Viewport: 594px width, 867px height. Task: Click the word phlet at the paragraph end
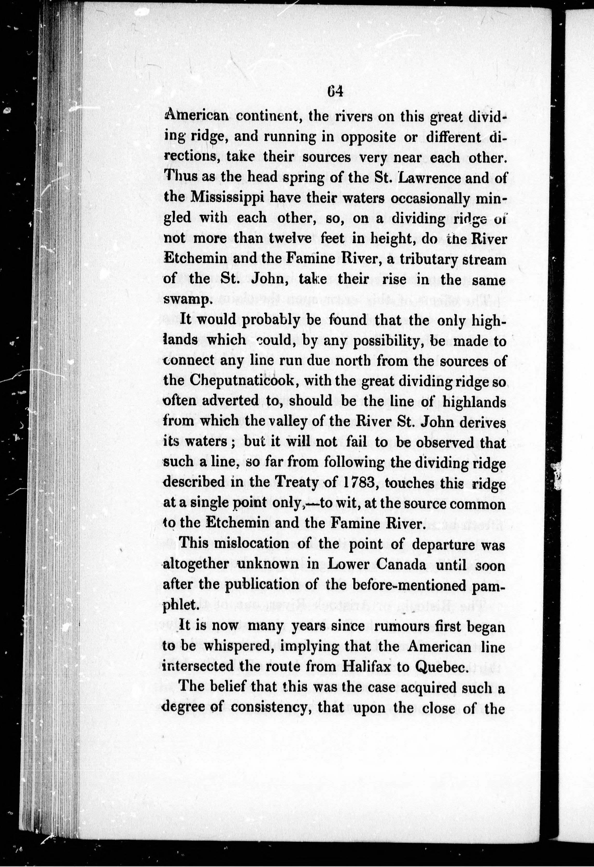(x=179, y=604)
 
